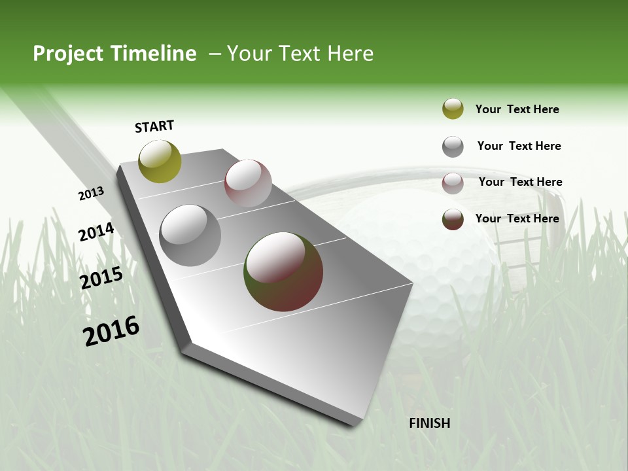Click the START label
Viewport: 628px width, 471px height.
tap(154, 126)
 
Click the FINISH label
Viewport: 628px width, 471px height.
tap(429, 423)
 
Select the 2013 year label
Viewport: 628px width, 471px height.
tap(91, 194)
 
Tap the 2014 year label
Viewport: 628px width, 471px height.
tap(96, 232)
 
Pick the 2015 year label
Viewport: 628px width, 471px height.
tap(101, 278)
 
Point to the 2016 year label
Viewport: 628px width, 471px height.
tap(111, 331)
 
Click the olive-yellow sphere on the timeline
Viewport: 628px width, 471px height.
tap(160, 162)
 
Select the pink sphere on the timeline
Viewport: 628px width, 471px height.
tap(248, 183)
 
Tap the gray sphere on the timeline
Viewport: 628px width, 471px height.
tap(190, 235)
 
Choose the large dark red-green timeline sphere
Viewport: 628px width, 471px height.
tap(283, 271)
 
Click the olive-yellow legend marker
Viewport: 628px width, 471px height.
tap(453, 109)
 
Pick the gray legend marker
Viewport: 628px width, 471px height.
tap(453, 147)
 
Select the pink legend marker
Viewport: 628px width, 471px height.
tap(453, 183)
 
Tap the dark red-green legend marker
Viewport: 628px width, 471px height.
tap(453, 219)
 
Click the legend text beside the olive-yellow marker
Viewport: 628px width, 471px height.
tap(517, 109)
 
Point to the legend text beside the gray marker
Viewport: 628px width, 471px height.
tap(519, 146)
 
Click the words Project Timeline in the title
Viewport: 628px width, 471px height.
tap(114, 54)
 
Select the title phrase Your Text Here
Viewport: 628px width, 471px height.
tap(300, 54)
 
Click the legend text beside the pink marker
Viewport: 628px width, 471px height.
tap(520, 182)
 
